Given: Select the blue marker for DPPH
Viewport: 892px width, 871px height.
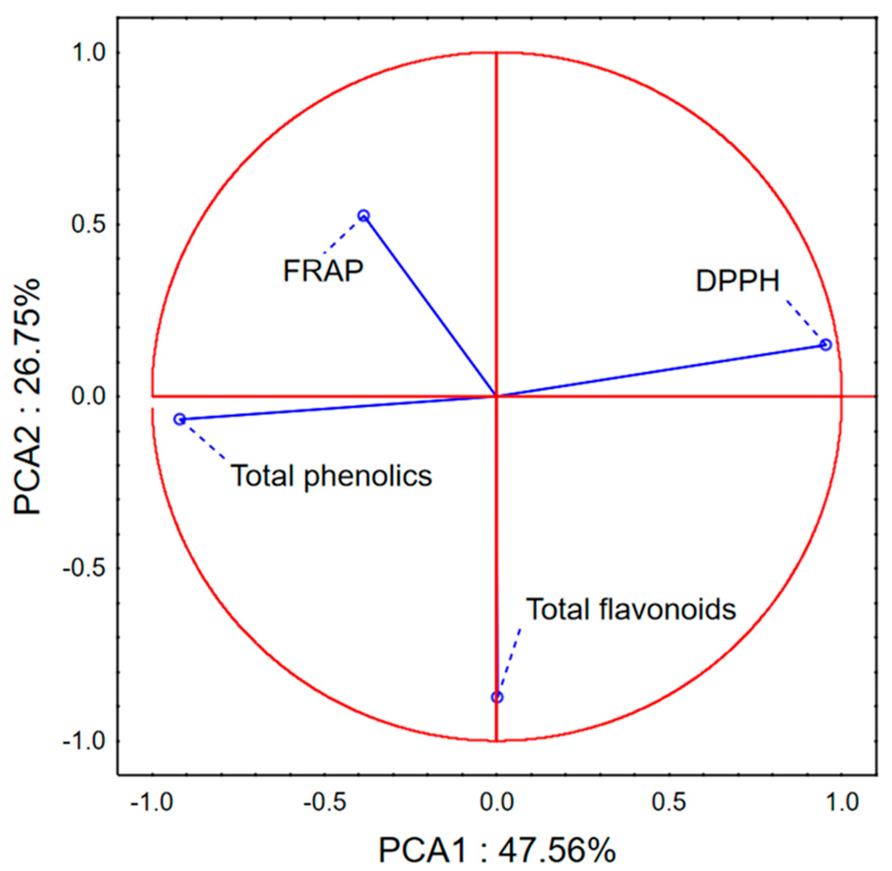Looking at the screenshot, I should (x=826, y=344).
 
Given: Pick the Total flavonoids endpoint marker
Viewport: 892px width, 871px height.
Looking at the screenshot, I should (x=497, y=697).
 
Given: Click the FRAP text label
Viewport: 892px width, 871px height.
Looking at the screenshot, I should (x=324, y=271).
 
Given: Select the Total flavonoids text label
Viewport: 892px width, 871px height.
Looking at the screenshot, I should (x=631, y=609).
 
